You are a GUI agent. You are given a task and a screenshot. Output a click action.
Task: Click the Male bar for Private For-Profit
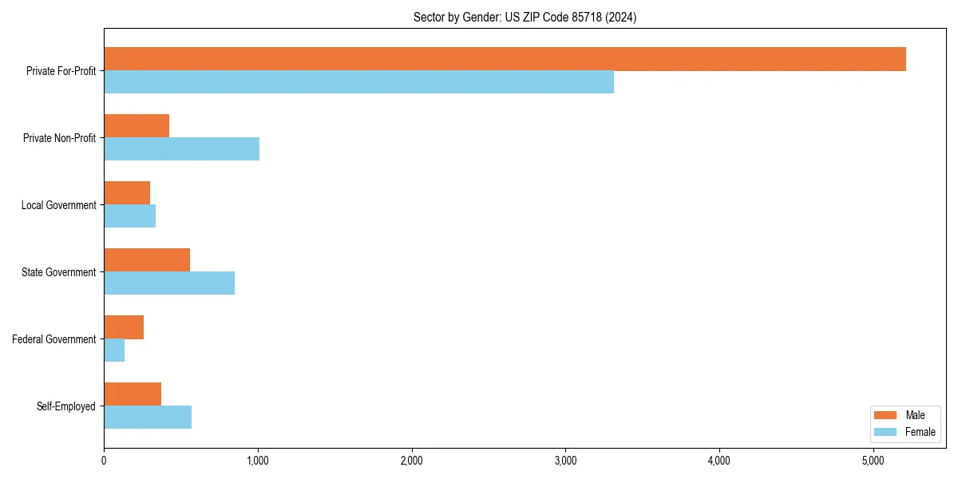click(x=505, y=59)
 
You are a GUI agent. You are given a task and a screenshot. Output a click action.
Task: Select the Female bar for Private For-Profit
click(x=358, y=82)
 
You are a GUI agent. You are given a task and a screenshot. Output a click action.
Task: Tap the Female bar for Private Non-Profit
click(x=181, y=149)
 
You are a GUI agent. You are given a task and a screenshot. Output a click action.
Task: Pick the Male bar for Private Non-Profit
click(x=137, y=126)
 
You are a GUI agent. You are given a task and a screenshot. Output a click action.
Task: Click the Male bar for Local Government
click(x=127, y=193)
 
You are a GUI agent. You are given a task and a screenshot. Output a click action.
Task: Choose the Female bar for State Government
click(x=169, y=283)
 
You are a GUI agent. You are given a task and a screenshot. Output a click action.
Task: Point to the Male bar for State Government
click(x=147, y=260)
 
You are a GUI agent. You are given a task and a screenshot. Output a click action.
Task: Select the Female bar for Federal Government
click(x=114, y=350)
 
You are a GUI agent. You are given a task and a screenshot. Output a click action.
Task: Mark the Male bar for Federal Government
click(x=124, y=327)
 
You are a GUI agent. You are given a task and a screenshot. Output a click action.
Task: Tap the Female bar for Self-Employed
click(x=148, y=418)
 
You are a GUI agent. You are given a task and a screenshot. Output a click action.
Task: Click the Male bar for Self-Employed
click(x=133, y=394)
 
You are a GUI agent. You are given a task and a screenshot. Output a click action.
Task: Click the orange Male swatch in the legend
click(x=886, y=415)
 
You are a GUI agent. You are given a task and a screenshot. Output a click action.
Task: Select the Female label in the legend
click(x=920, y=432)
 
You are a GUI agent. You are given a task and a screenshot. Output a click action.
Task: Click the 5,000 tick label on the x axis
click(x=873, y=461)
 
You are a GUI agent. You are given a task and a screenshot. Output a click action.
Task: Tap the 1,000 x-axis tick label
click(x=258, y=461)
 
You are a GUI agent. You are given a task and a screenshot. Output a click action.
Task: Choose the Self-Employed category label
click(x=66, y=406)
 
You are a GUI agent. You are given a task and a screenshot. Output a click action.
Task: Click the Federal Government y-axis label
click(x=54, y=339)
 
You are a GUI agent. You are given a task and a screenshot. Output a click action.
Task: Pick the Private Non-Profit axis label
click(x=59, y=138)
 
